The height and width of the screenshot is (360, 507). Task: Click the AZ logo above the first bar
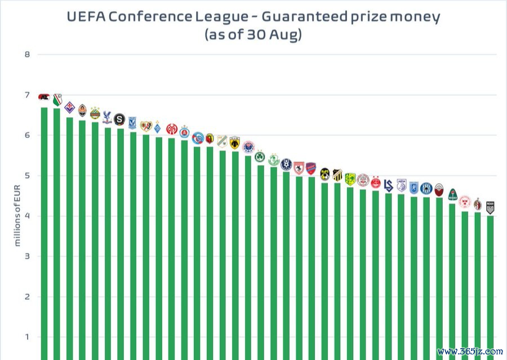(44, 97)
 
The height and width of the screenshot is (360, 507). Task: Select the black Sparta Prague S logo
(119, 119)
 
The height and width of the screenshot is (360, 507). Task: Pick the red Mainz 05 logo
(171, 128)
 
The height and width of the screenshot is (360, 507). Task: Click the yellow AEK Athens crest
(235, 141)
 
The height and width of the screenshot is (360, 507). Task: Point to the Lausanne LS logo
(388, 184)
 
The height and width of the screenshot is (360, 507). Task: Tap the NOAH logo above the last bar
(490, 207)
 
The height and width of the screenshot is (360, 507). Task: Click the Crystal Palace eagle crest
(107, 117)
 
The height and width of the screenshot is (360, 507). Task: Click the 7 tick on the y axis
(26, 95)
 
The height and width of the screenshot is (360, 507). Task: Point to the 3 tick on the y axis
(26, 257)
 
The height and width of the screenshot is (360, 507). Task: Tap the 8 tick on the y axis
(26, 55)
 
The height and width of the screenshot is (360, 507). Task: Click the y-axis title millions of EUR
(17, 216)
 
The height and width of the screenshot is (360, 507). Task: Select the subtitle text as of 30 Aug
(253, 34)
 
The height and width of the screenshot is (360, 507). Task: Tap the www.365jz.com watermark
(470, 351)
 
